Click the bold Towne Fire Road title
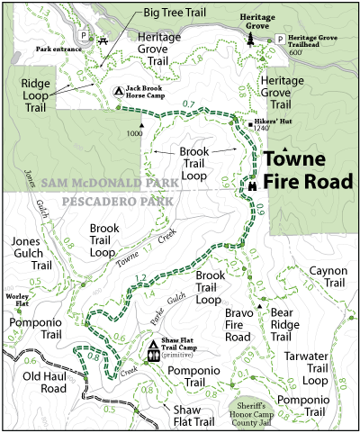(x=308, y=169)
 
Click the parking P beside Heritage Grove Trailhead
(x=280, y=39)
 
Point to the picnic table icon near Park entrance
(x=105, y=39)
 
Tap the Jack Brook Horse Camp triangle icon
(x=121, y=91)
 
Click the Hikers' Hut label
(x=272, y=119)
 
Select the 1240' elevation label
(x=263, y=128)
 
